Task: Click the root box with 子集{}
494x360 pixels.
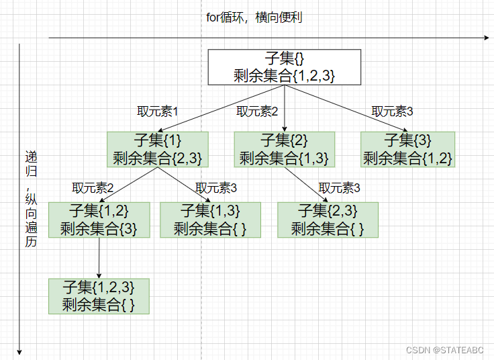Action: (x=285, y=67)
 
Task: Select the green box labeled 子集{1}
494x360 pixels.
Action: (x=158, y=149)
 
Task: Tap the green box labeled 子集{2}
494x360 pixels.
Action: (x=284, y=149)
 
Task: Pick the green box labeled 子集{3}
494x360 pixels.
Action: (x=408, y=149)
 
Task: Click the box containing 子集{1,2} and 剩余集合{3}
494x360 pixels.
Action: (x=99, y=220)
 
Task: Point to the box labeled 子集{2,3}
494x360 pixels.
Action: (x=328, y=220)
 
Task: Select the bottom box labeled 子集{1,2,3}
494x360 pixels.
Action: (x=99, y=296)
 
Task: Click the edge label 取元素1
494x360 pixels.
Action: (x=157, y=111)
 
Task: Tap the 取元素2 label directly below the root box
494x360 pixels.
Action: (x=257, y=111)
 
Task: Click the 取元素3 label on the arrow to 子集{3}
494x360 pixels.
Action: (x=393, y=111)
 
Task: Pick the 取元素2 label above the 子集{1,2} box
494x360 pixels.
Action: (x=93, y=187)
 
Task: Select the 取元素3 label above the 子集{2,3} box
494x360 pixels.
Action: (x=340, y=187)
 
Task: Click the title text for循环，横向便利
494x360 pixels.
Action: (x=254, y=17)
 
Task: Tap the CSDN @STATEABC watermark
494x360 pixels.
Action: (x=446, y=350)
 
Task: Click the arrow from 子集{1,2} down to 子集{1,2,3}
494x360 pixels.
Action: (x=99, y=258)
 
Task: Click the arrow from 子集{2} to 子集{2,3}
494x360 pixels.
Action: (x=310, y=184)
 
